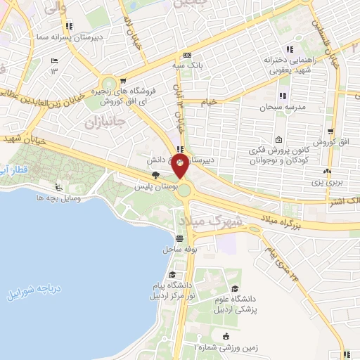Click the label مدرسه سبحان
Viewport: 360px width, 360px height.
(283, 108)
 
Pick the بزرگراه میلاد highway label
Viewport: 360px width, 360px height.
(282, 214)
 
